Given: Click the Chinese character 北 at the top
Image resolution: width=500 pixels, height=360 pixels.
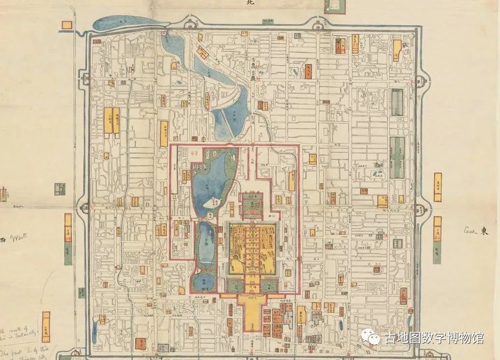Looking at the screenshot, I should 250,3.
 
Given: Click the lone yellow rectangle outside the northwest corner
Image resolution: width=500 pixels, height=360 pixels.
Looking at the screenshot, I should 67,24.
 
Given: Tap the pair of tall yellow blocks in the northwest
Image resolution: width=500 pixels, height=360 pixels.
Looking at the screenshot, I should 112,120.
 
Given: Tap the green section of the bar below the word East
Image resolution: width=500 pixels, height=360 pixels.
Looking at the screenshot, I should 437,251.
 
